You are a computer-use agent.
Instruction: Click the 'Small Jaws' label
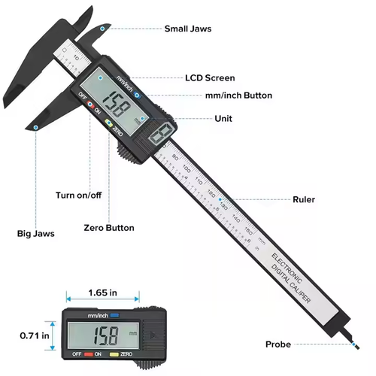click(188, 29)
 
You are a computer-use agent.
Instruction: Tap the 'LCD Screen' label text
click(210, 77)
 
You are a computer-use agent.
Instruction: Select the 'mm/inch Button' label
click(238, 96)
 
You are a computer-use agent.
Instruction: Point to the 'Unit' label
click(223, 119)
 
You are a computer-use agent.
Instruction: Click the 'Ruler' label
click(304, 200)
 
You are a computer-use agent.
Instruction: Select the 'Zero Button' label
click(109, 228)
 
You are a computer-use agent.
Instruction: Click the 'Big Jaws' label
click(36, 234)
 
